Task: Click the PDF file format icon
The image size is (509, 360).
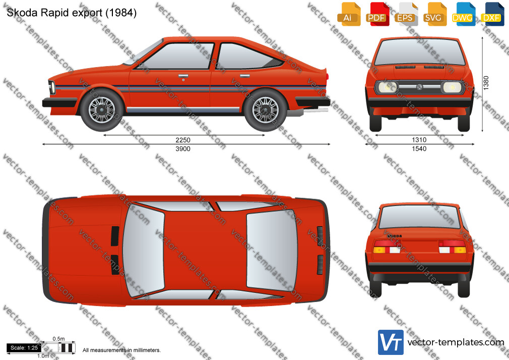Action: [x=377, y=14]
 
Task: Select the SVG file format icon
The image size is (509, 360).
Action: [x=435, y=14]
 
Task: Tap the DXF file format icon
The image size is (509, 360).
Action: [x=492, y=14]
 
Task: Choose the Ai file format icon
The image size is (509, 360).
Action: [x=349, y=14]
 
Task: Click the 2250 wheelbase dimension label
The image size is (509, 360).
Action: [x=183, y=140]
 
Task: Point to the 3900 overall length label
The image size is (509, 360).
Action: [x=183, y=149]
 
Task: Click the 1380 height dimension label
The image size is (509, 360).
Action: [x=486, y=83]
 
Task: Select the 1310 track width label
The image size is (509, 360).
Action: [x=419, y=140]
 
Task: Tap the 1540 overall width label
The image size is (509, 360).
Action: [x=419, y=149]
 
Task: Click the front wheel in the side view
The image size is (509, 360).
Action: [x=102, y=110]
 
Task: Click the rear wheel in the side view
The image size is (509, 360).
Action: [x=266, y=110]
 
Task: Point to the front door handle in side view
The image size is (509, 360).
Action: [x=183, y=76]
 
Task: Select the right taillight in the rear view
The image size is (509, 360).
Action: [x=452, y=247]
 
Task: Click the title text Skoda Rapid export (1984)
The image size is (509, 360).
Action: [x=72, y=13]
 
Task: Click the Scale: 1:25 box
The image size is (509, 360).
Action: [x=24, y=348]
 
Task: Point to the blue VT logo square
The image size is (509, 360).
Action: [x=391, y=342]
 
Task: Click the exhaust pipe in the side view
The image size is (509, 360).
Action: [x=315, y=111]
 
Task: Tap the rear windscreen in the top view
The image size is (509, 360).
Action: [x=271, y=250]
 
